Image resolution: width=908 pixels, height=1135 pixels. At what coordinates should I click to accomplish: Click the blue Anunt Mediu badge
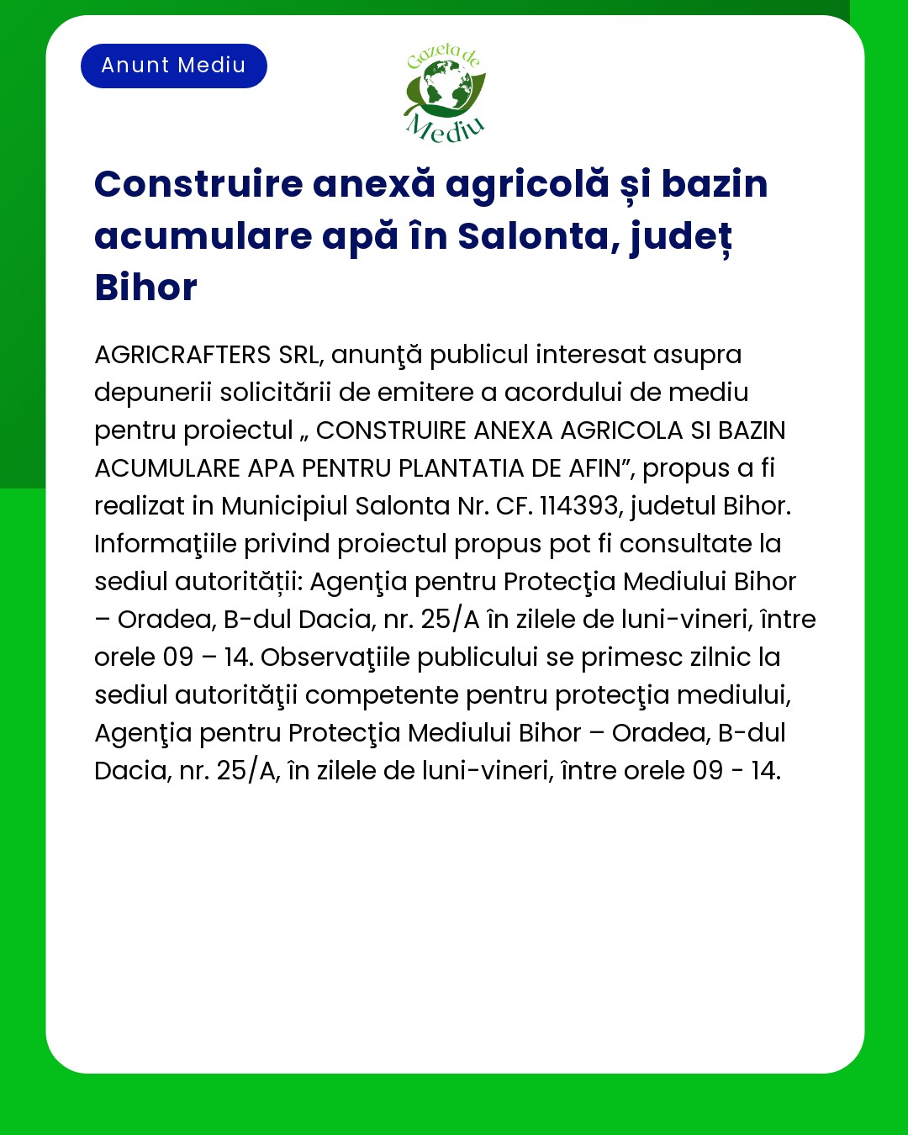coord(173,66)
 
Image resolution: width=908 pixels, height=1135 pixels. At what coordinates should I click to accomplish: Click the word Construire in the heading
coord(198,184)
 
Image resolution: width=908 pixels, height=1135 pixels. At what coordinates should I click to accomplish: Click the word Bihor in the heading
coord(145,288)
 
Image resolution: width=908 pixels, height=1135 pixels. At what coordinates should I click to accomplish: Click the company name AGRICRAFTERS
coord(182,355)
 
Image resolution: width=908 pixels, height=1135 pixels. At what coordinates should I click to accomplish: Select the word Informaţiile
coord(166,544)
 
